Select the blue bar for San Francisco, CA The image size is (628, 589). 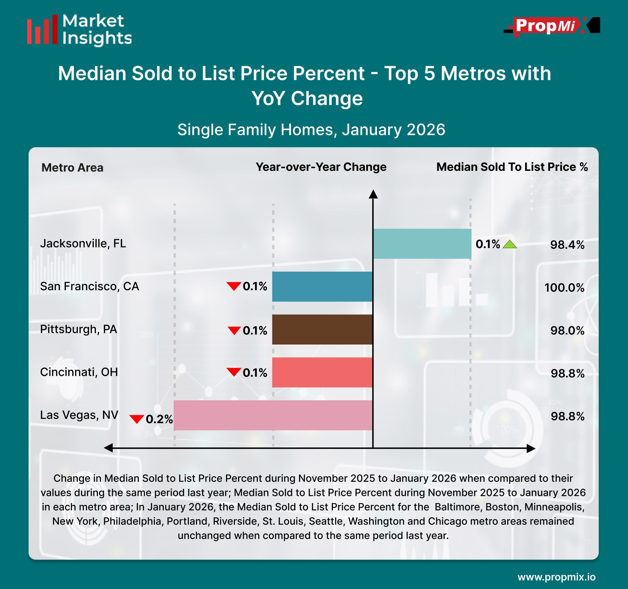tap(322, 287)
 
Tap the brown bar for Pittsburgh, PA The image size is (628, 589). tap(322, 329)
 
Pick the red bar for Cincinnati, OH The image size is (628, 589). tap(322, 372)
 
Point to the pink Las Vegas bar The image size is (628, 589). tap(273, 415)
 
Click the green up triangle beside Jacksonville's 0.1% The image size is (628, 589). tap(510, 244)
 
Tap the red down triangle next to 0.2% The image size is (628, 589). tap(137, 419)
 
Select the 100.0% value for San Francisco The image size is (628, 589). tap(564, 288)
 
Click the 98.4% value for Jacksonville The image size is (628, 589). tap(567, 245)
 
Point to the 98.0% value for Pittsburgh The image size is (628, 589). tap(567, 331)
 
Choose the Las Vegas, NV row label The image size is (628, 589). tap(79, 415)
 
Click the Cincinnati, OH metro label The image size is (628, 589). tap(79, 372)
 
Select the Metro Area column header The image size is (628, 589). tap(72, 167)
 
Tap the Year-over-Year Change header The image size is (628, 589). tap(321, 167)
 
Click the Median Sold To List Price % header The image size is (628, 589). tap(512, 167)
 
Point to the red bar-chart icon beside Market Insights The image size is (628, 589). tap(42, 30)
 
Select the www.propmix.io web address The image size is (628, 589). tap(556, 577)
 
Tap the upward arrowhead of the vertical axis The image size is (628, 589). tap(373, 194)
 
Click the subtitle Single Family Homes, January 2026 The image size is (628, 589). tap(311, 130)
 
